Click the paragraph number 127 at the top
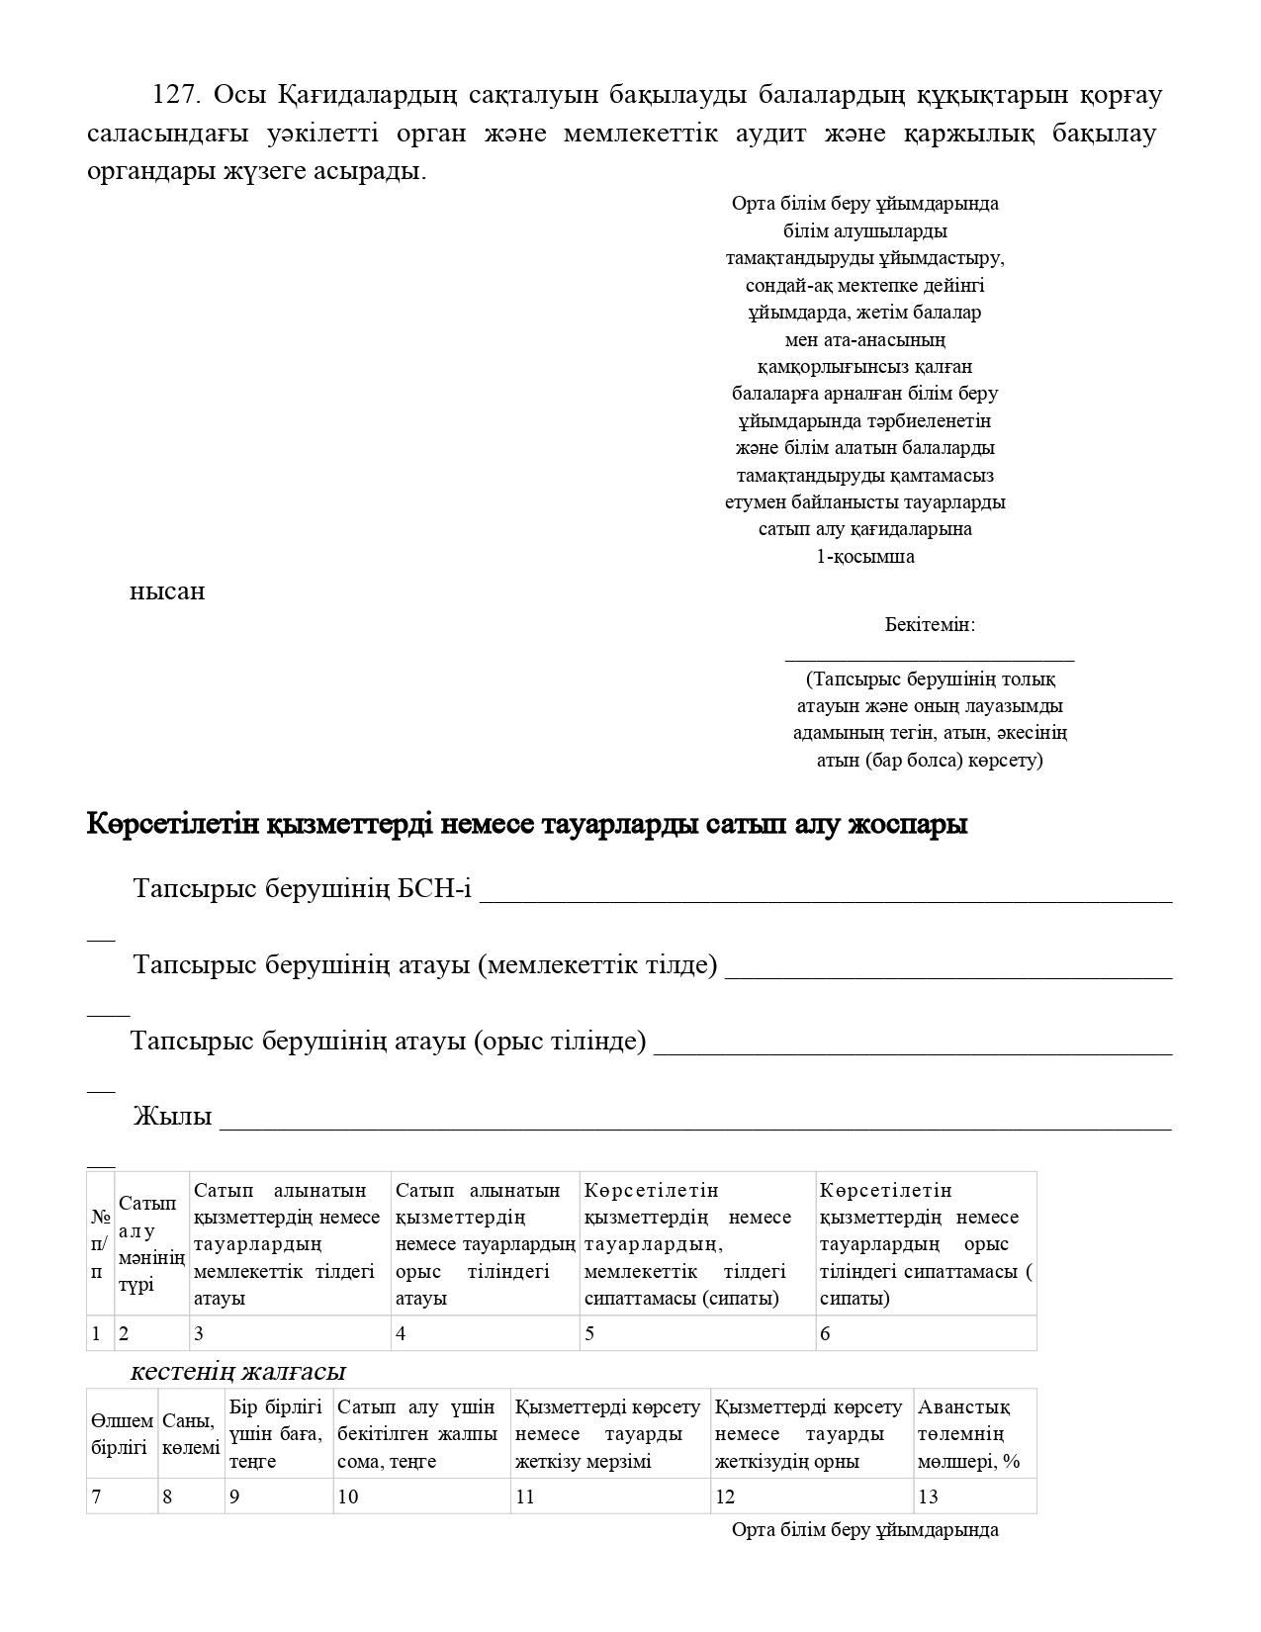pos(174,95)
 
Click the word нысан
pos(167,591)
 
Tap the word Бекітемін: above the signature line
pos(930,625)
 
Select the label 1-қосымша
pos(865,556)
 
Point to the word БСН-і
pos(434,889)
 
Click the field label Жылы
pos(172,1117)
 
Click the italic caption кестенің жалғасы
pos(237,1372)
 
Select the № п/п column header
pos(100,1244)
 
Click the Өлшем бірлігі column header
pos(122,1434)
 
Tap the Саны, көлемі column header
pos(191,1434)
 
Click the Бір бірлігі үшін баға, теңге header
pos(277,1434)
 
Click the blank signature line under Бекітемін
pos(930,656)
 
